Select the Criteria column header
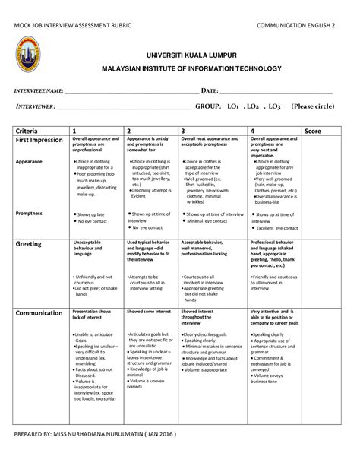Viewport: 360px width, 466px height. pyautogui.click(x=28, y=131)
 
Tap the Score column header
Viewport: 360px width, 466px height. pyautogui.click(x=312, y=131)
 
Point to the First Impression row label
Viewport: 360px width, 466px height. pyautogui.click(x=39, y=141)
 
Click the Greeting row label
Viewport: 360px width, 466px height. pyautogui.click(x=29, y=244)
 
